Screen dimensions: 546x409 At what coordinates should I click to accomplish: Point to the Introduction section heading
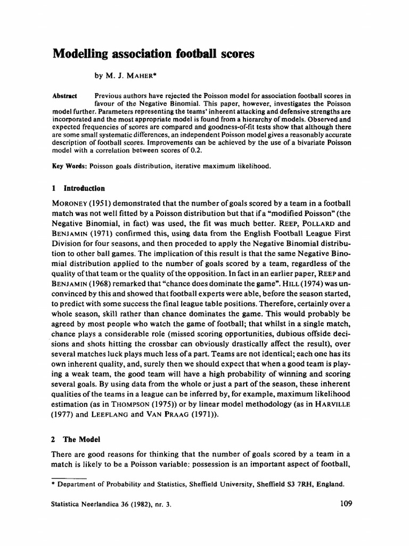tap(84, 188)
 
